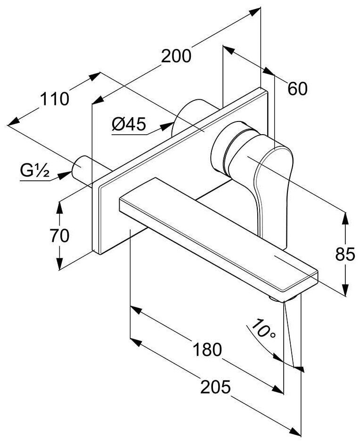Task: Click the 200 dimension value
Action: coord(176,56)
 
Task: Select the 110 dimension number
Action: coord(54,99)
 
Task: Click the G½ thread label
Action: coord(34,171)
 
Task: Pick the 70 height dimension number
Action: coord(60,235)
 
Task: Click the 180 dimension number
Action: coord(207,349)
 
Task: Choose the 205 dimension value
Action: coord(215,387)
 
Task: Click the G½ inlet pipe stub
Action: coord(83,167)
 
